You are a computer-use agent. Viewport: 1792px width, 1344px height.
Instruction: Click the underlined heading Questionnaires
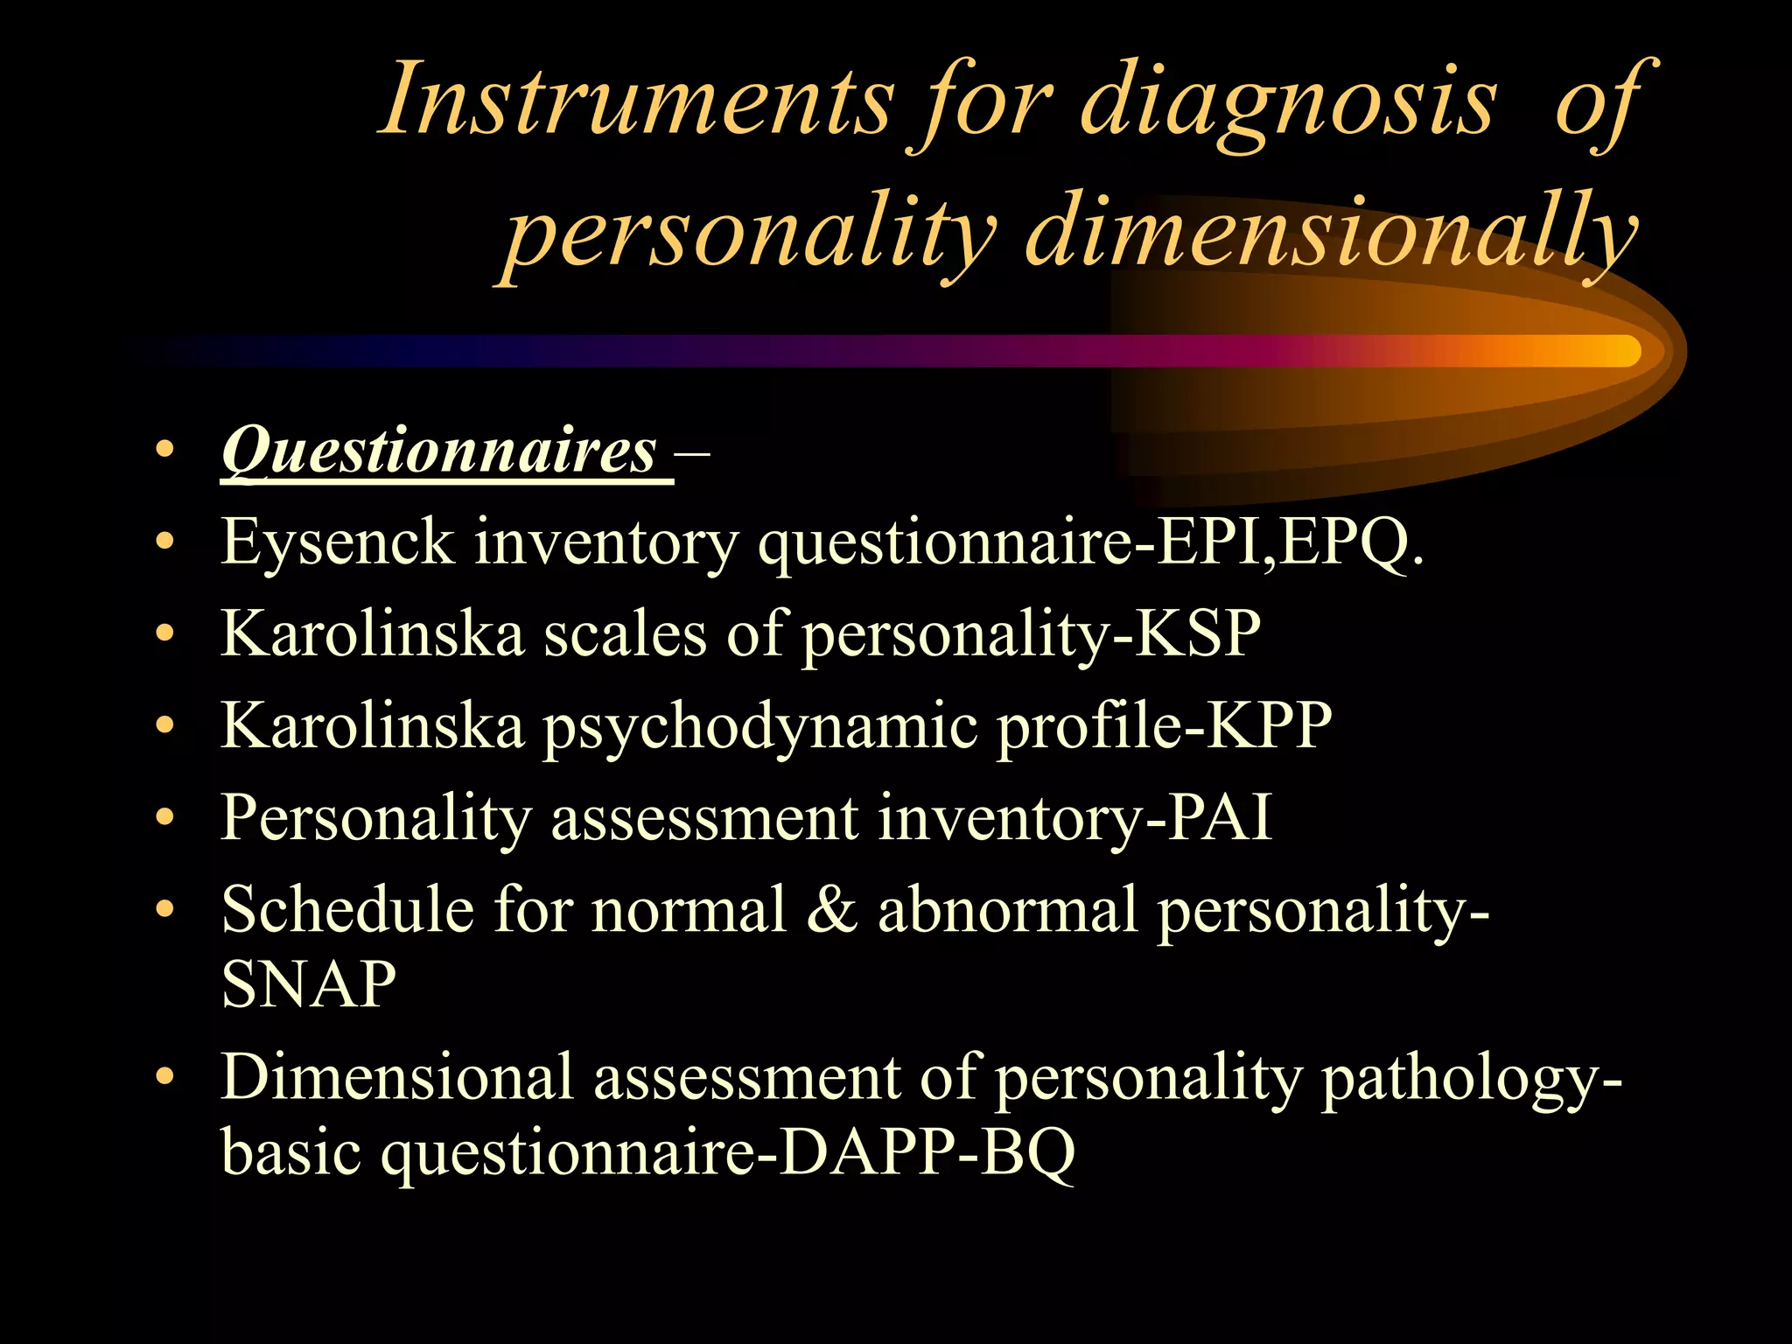click(439, 451)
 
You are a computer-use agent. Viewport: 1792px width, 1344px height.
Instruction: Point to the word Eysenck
click(338, 542)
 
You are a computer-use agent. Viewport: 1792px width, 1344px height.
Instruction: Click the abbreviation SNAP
click(309, 983)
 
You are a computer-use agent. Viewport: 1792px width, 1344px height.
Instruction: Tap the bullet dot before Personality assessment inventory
click(164, 818)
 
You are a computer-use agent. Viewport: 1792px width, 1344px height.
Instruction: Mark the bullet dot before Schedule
click(164, 910)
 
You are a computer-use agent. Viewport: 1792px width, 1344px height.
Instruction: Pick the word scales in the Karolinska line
click(625, 633)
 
